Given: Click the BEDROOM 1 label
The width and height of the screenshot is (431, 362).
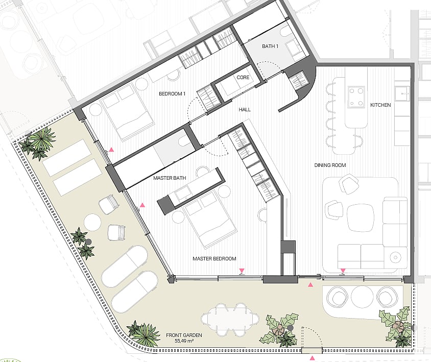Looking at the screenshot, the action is pos(172,94).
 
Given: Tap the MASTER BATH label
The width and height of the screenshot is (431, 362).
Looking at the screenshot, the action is pos(170,178).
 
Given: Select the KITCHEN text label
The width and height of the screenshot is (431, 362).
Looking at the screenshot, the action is pos(380,105).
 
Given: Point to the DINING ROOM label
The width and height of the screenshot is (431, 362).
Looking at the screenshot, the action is pos(330,165).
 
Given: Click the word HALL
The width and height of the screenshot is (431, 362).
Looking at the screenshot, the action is pos(245,109).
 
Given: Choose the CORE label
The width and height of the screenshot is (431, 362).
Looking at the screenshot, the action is pos(243,77).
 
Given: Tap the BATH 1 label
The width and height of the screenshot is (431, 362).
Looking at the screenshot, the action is pos(270,46).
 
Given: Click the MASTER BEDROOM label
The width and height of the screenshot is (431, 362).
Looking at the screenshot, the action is pos(214,258).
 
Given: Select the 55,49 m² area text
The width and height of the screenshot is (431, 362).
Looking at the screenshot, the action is pos(184,341).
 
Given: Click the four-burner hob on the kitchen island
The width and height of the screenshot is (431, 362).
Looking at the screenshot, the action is pos(356,96).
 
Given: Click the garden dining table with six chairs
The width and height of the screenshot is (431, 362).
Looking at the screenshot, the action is pos(230,320).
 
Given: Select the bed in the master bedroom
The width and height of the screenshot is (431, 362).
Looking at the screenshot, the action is pos(210,219).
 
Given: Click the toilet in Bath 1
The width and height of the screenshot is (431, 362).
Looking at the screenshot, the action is pos(284,33).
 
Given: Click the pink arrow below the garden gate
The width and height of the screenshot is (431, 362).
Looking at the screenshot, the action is pos(312,358).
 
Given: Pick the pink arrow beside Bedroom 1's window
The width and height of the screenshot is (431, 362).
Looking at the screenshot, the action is pos(111,150).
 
